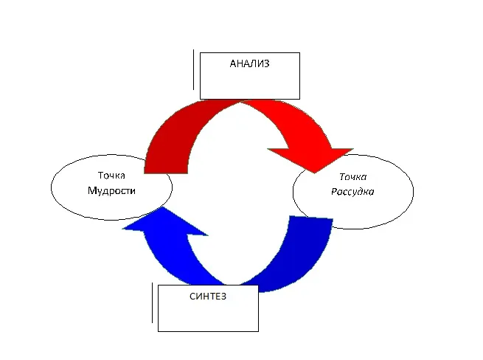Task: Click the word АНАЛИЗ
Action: point(249,63)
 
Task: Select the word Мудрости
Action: point(111,190)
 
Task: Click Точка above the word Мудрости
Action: point(111,176)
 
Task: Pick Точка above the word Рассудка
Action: point(352,177)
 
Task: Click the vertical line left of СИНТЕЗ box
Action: point(153,303)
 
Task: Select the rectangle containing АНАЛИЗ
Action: point(249,85)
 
